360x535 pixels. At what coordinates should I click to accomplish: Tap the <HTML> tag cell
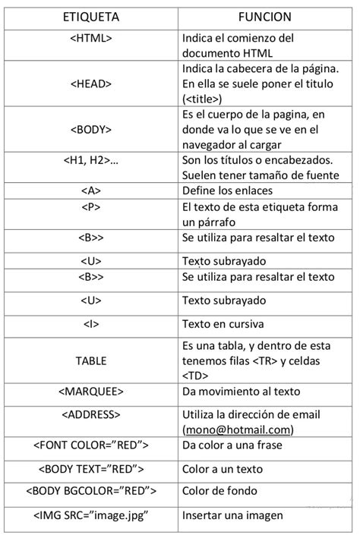pyautogui.click(x=90, y=38)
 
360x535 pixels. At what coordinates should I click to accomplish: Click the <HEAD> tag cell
pyautogui.click(x=90, y=84)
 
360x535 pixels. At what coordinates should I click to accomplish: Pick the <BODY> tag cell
pyautogui.click(x=90, y=129)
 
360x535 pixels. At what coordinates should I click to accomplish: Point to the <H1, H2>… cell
pyautogui.click(x=90, y=160)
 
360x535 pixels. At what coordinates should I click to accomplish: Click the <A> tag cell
pyautogui.click(x=90, y=190)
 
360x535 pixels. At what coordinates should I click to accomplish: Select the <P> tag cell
pyautogui.click(x=90, y=206)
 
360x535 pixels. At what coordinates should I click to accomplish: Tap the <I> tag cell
pyautogui.click(x=90, y=324)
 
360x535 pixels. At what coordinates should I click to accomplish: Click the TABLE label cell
pyautogui.click(x=90, y=360)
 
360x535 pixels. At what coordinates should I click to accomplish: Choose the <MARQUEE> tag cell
pyautogui.click(x=90, y=392)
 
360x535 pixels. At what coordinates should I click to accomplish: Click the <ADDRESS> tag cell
pyautogui.click(x=90, y=415)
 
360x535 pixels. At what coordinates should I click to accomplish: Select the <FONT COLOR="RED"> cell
pyautogui.click(x=90, y=445)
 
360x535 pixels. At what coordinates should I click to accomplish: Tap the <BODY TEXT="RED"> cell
pyautogui.click(x=90, y=469)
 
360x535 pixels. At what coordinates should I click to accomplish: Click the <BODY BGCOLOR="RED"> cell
pyautogui.click(x=90, y=491)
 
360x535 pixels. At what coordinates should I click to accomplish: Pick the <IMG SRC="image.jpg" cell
pyautogui.click(x=90, y=516)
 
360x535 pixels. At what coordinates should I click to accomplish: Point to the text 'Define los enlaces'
pyautogui.click(x=227, y=190)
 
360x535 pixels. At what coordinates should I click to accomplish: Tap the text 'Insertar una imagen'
pyautogui.click(x=232, y=516)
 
